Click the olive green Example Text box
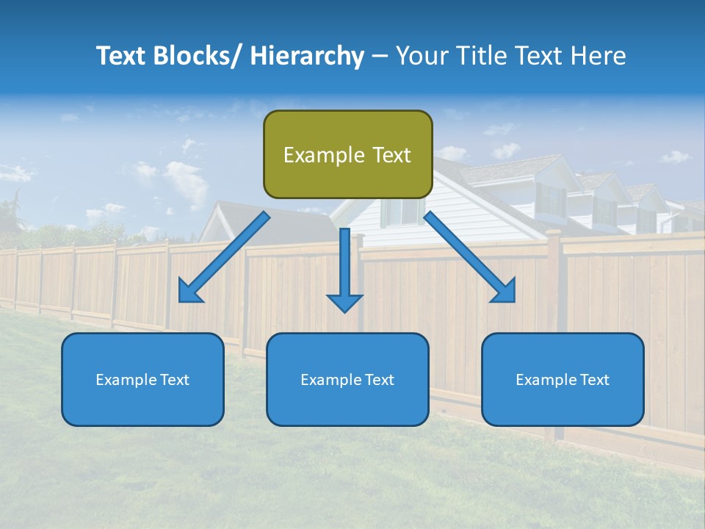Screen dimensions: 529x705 tap(347, 154)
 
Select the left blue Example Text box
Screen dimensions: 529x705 tap(142, 379)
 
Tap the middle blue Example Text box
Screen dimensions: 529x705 tap(347, 379)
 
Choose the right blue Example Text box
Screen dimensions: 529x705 tap(563, 379)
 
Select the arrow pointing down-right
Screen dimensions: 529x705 tap(470, 256)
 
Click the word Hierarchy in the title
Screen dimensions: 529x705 tap(307, 56)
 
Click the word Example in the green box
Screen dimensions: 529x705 tap(314, 155)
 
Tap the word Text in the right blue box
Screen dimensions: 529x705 tap(593, 380)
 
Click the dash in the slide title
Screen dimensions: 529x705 tap(380, 56)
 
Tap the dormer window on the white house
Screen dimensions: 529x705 tap(550, 199)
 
